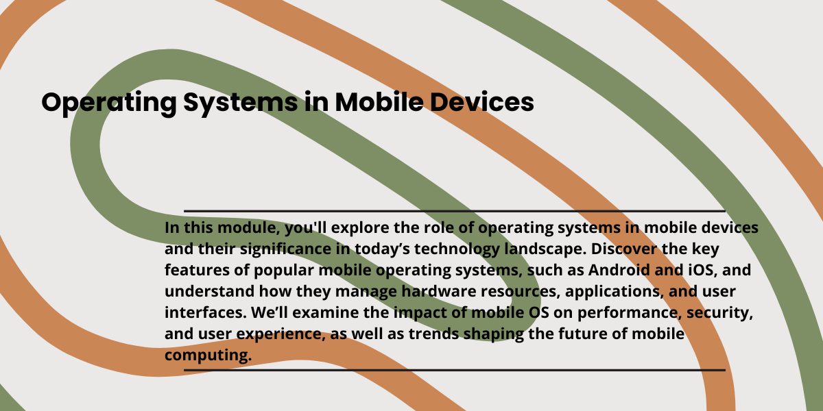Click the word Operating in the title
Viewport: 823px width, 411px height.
point(109,103)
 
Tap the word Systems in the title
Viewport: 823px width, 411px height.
point(241,103)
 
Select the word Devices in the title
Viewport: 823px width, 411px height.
point(481,101)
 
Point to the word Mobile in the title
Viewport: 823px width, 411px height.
point(379,101)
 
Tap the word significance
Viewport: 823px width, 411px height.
point(286,249)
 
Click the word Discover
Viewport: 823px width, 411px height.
point(623,249)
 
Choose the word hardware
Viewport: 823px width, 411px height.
point(439,291)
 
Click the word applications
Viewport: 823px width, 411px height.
point(615,292)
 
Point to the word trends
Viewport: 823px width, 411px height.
point(433,334)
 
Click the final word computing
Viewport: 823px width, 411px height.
point(208,356)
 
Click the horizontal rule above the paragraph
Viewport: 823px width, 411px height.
point(455,211)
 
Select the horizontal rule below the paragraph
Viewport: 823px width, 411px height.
point(455,370)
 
